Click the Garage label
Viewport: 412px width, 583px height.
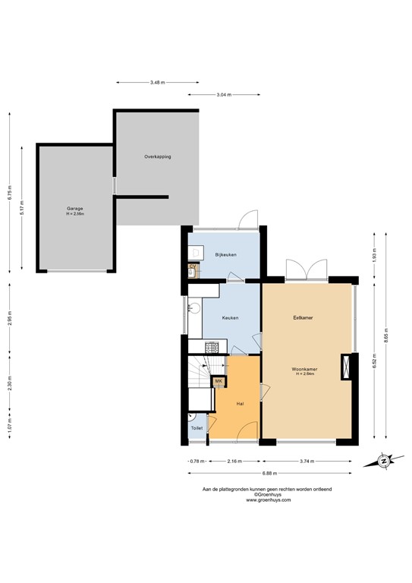pyautogui.click(x=74, y=208)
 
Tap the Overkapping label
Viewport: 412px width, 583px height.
pyautogui.click(x=157, y=156)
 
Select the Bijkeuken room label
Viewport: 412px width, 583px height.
pyautogui.click(x=226, y=254)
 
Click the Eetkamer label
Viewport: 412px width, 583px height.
pyautogui.click(x=303, y=317)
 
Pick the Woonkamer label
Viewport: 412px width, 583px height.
pyautogui.click(x=306, y=369)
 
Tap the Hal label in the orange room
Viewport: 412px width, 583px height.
pyautogui.click(x=240, y=403)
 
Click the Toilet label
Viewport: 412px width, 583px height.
pyautogui.click(x=197, y=429)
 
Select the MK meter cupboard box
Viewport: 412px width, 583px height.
pyautogui.click(x=219, y=381)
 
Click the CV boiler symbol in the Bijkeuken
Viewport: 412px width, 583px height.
pyautogui.click(x=193, y=267)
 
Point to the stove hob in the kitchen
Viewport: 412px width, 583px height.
pyautogui.click(x=214, y=348)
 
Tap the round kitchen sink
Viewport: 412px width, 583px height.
pyautogui.click(x=195, y=307)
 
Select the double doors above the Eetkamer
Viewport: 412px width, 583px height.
pyautogui.click(x=306, y=269)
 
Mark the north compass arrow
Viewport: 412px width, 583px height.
pyautogui.click(x=384, y=460)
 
